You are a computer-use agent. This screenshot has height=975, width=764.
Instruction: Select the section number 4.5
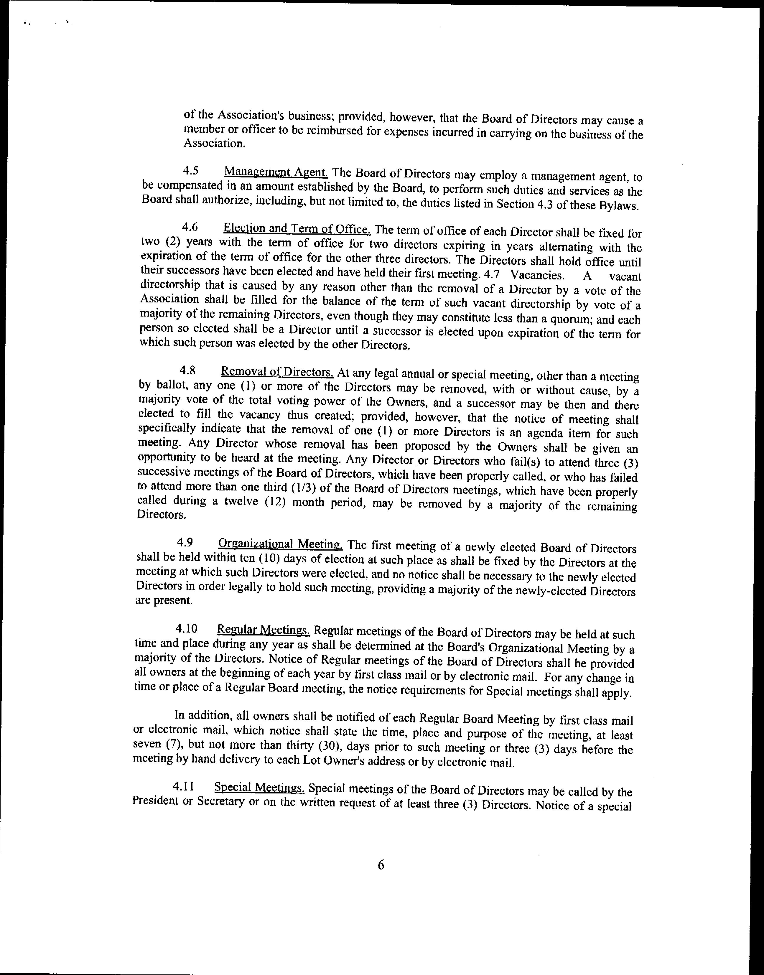pyautogui.click(x=191, y=171)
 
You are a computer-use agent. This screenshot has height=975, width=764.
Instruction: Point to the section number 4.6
pyautogui.click(x=190, y=227)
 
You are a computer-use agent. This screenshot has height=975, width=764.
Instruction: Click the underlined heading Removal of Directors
pyautogui.click(x=277, y=372)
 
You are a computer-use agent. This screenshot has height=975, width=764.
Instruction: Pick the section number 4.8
pyautogui.click(x=187, y=370)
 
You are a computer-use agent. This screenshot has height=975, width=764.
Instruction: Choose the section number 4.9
pyautogui.click(x=185, y=543)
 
